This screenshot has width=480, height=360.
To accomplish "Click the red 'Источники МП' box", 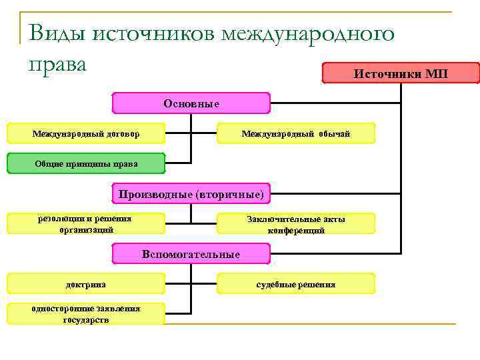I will coord(401,73).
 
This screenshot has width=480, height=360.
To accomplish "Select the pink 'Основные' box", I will coord(191,103).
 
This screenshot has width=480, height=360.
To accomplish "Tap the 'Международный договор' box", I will coord(86,134).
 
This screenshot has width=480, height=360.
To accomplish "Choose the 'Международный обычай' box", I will coord(296,134).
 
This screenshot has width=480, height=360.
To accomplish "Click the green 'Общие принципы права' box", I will coord(86,163).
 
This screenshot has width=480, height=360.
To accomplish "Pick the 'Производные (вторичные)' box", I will coord(191,194).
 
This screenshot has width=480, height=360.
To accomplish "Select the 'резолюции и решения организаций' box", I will coord(86,223).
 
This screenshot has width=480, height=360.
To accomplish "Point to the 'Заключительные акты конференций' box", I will coord(296,224).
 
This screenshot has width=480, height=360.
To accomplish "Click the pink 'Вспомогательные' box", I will coord(191,254).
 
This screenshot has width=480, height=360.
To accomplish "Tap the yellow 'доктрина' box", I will coord(86,284).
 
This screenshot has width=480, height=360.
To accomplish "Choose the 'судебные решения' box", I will coord(296,284).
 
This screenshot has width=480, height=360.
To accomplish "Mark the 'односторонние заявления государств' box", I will coord(86,314).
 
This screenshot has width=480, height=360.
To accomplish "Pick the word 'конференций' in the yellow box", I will coord(296,231).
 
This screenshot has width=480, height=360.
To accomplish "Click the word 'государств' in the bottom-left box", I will coord(86,320).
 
